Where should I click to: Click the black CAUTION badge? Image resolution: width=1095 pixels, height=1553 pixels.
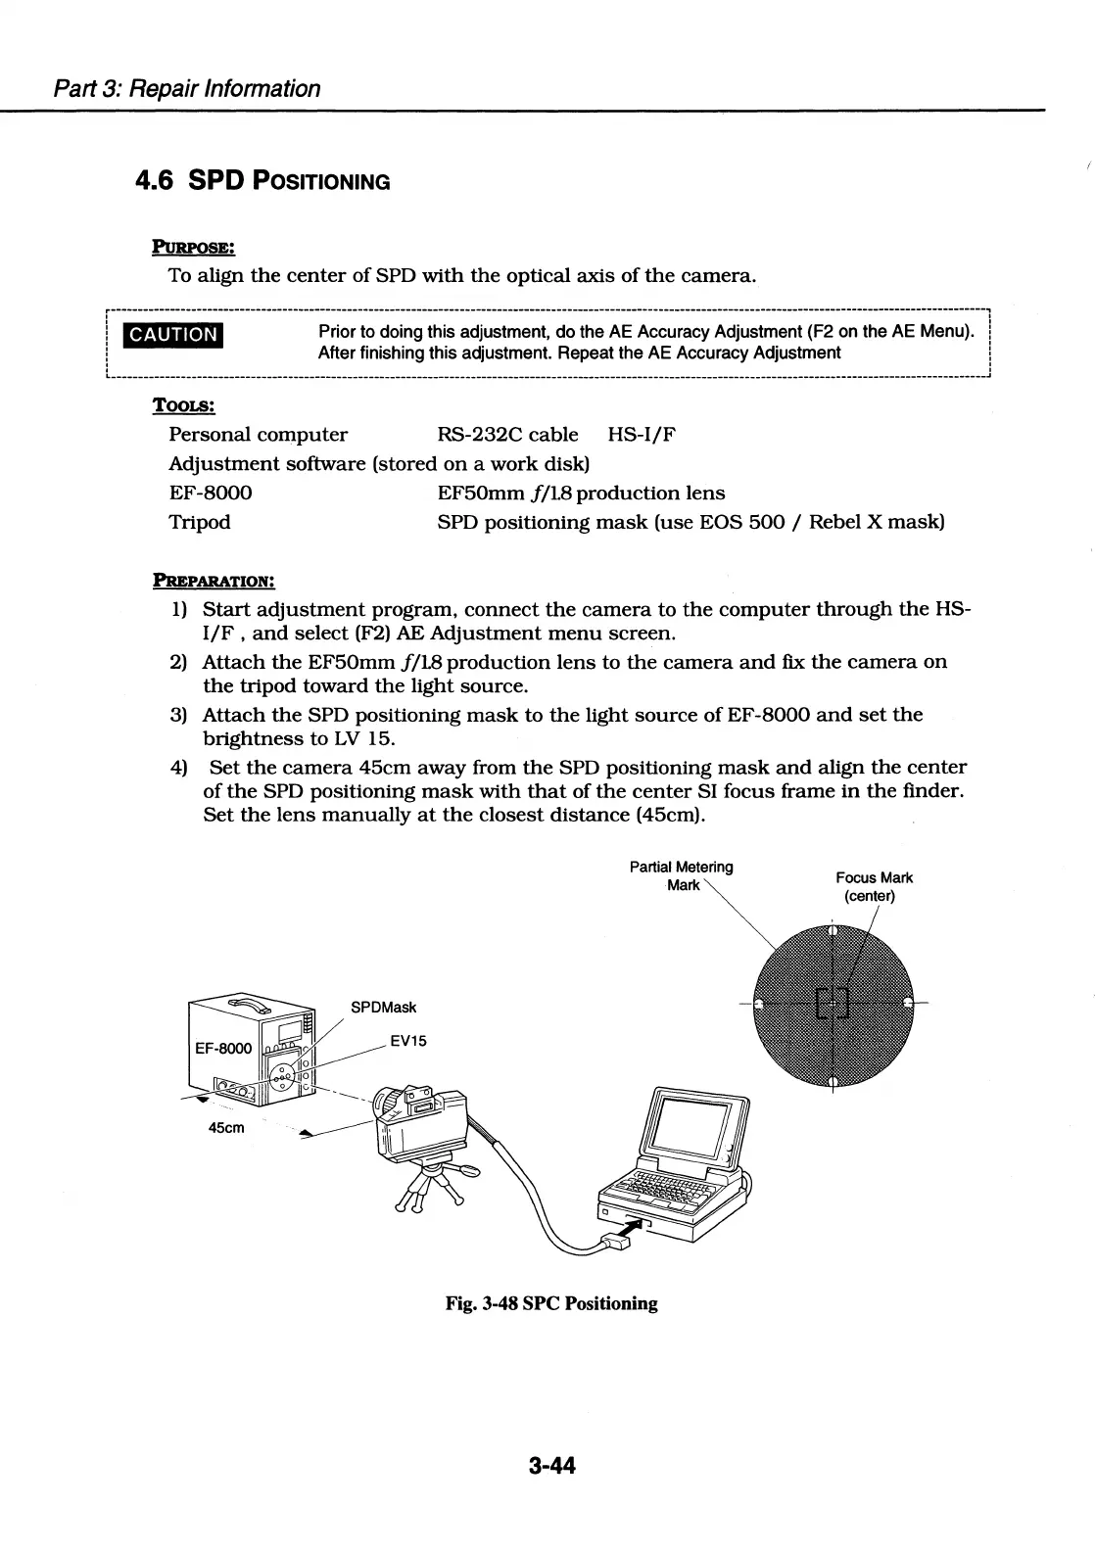[x=174, y=334]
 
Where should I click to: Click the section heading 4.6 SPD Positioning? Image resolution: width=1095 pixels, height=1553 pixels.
[x=262, y=181]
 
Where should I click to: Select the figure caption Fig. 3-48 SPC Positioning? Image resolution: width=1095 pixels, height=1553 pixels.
[x=551, y=1303]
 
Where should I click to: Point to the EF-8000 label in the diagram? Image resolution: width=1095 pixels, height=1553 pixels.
[x=223, y=1049]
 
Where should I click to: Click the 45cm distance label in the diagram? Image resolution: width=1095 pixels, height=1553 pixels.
[x=226, y=1127]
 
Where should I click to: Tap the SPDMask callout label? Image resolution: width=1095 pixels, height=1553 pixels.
[x=383, y=1008]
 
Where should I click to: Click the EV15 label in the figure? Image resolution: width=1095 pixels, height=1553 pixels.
[x=408, y=1042]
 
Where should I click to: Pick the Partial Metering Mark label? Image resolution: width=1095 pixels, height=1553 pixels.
[x=682, y=875]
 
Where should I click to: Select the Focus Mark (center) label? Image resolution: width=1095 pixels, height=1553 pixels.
[x=874, y=886]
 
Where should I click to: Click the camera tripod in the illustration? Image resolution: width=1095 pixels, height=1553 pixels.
[x=428, y=1185]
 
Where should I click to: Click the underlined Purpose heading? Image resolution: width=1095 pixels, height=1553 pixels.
[x=193, y=245]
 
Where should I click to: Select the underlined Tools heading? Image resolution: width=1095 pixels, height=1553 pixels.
[x=183, y=404]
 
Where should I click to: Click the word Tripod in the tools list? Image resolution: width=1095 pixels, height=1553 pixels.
[x=200, y=522]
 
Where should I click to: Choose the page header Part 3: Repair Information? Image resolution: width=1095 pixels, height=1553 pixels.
[x=186, y=88]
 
